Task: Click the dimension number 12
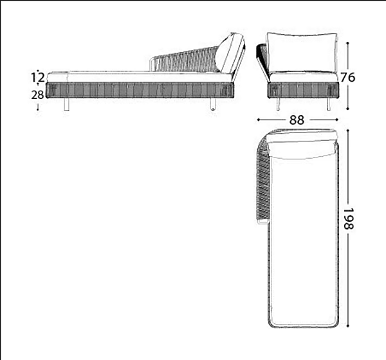pos(38,77)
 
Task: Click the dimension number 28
pos(37,94)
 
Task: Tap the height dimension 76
pos(348,77)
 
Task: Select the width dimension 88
pos(297,120)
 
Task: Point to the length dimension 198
pos(348,219)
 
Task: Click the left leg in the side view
pos(66,104)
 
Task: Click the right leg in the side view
pos(213,104)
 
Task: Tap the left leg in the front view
pos(278,104)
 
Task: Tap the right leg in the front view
pos(328,104)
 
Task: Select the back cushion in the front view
pos(302,53)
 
